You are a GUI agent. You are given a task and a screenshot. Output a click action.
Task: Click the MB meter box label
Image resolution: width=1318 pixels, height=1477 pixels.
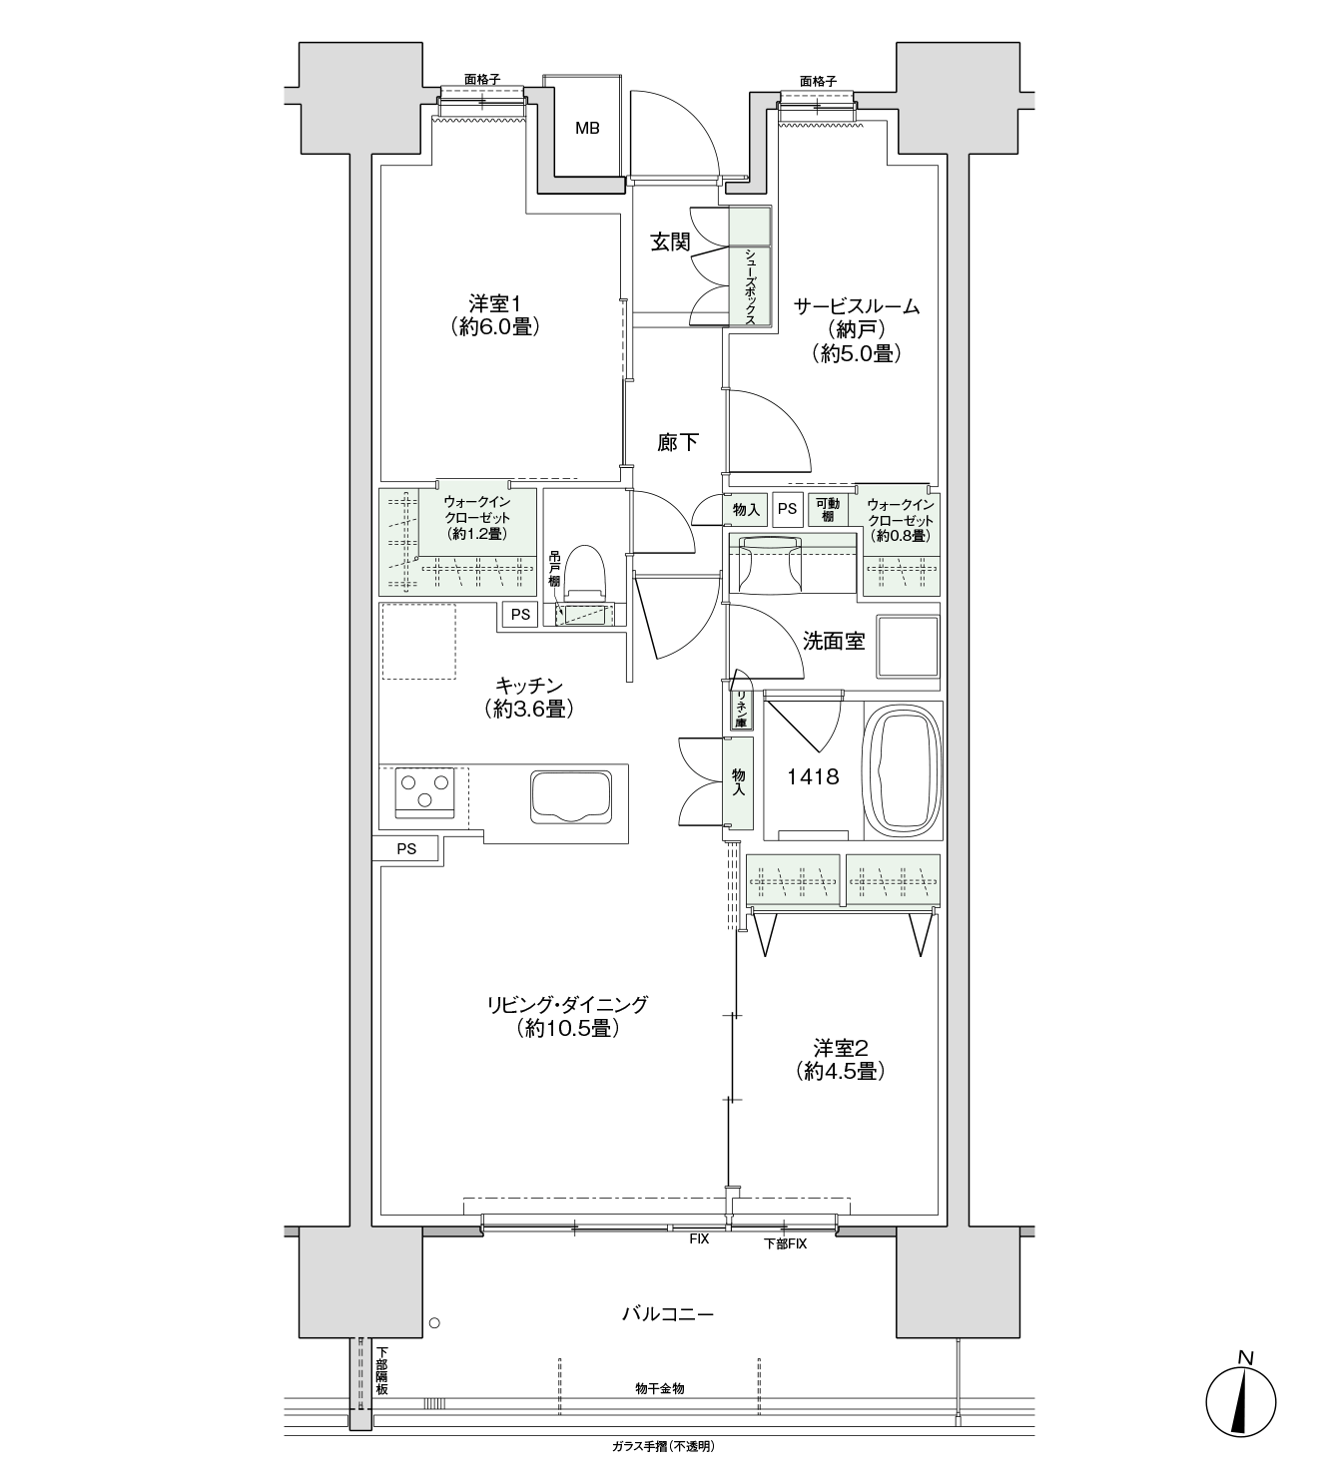point(586,129)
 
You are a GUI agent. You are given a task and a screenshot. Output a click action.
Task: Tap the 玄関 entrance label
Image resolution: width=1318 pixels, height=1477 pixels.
point(670,243)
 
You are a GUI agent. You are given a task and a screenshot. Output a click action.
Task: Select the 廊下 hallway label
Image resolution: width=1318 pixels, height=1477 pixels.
point(678,442)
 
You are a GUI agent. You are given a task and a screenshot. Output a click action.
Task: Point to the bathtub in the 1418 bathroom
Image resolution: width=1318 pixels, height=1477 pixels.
point(902,770)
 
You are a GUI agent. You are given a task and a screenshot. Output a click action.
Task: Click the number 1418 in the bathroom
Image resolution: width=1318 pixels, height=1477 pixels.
point(813,777)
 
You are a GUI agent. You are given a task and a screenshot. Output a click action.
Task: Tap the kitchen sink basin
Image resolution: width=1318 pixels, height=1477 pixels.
point(570,796)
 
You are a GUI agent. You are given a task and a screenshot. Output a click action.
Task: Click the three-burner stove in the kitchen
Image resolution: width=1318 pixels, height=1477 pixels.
point(424,791)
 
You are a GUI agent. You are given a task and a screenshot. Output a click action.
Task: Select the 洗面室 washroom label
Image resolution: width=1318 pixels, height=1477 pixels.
point(834,641)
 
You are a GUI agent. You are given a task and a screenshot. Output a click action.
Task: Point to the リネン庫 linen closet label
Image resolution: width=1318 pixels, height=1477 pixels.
point(741,710)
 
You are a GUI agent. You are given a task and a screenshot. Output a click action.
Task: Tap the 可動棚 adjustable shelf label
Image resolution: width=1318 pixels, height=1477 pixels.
point(827,510)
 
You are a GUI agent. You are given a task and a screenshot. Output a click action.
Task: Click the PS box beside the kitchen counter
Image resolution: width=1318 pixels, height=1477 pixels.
point(406,848)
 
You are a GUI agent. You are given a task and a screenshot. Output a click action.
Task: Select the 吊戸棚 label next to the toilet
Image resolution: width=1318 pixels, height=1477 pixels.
point(554,569)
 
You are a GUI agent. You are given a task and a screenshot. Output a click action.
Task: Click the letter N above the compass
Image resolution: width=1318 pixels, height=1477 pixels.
point(1245,1358)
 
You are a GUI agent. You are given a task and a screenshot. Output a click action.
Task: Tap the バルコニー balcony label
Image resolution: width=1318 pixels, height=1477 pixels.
point(667,1314)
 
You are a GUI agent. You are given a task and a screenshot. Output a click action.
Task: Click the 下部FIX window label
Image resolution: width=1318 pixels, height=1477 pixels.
point(785,1243)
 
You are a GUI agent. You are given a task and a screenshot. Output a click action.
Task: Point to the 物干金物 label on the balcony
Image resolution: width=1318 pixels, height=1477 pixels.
point(659,1389)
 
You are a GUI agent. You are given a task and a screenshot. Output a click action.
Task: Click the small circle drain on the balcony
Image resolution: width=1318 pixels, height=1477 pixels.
point(434,1323)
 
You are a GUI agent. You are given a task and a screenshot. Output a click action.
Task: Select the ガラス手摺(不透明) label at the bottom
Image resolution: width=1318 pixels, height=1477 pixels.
point(663,1446)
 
